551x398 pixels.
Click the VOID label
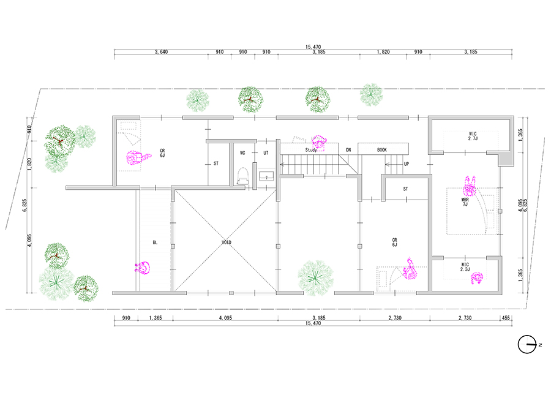pos(227,242)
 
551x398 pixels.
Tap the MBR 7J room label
pos(465,202)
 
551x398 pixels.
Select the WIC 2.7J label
pos(473,136)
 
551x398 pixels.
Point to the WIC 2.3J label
pos(465,267)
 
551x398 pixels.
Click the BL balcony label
pos(155,242)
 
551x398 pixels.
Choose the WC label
pos(242,153)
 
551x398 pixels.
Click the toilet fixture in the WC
pos(243,176)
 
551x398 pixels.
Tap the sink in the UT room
pos(267,176)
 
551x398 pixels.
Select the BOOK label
pos(382,150)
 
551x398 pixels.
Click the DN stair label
pos(348,150)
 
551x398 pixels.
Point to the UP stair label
pos(407,164)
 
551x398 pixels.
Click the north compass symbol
pos(527,345)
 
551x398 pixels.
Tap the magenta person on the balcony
pos(143,268)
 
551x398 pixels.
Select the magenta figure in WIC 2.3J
pos(477,278)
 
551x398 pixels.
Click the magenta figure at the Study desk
pos(319,143)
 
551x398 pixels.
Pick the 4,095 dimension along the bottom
pos(225,318)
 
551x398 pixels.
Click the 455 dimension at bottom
pos(506,318)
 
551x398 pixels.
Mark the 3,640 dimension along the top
pos(161,52)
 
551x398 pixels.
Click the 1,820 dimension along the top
pos(383,52)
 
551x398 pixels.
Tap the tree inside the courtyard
pos(315,278)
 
